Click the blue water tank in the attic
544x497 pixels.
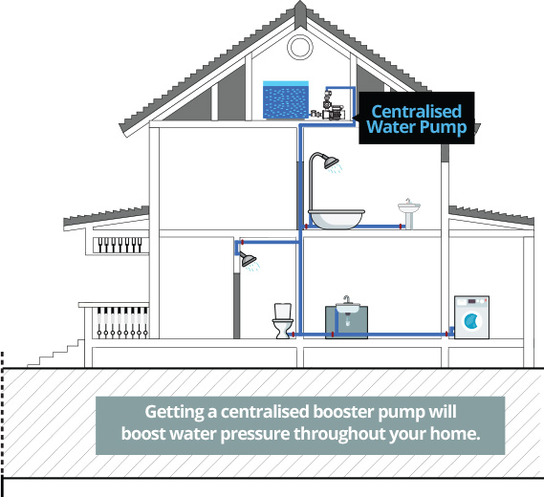pos(286,100)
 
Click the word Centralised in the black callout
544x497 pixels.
pos(416,112)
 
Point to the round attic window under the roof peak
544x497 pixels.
pos(300,47)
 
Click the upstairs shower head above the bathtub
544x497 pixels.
pos(331,162)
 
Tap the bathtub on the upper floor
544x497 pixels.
pos(337,219)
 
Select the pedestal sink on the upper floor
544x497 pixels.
pos(409,213)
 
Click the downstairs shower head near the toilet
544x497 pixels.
pos(249,259)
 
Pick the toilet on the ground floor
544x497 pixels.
pos(283,320)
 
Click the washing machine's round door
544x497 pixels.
pos(471,321)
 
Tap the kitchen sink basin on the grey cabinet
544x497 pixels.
pos(347,307)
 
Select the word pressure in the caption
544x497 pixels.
pos(257,434)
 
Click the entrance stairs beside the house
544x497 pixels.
pos(55,353)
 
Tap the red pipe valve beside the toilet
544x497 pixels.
pos(294,335)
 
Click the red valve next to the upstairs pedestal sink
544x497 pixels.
pos(401,227)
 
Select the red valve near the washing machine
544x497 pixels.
pos(446,335)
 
